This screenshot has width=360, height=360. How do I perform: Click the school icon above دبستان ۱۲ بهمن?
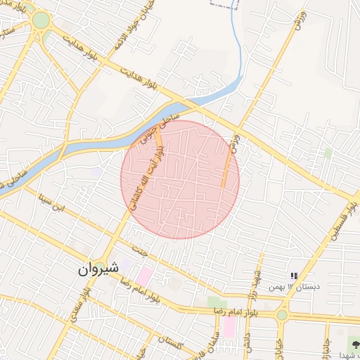click(x=294, y=276)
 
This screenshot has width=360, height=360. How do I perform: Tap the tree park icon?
click(x=352, y=344)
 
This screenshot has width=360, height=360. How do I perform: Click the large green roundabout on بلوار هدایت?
click(x=41, y=20)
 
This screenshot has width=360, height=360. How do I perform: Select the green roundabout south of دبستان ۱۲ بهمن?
click(x=282, y=315)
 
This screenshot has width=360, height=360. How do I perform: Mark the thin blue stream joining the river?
click(x=242, y=49)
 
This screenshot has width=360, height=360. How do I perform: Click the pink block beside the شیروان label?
click(x=145, y=275)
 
